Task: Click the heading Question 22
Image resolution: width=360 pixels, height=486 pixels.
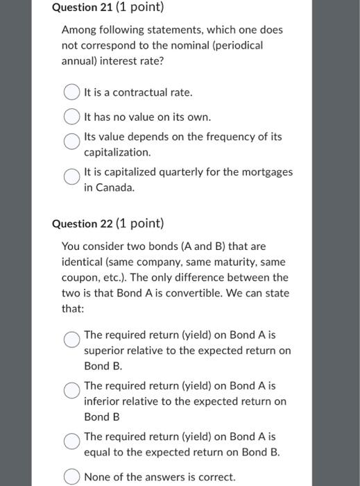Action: click(x=108, y=224)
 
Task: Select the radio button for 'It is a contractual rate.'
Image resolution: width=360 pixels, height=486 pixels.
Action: click(x=71, y=92)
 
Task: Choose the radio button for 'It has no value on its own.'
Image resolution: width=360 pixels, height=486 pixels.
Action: click(x=71, y=117)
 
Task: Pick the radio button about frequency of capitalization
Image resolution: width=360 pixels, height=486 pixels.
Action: click(x=71, y=142)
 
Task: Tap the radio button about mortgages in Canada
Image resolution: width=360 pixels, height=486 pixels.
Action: click(x=71, y=177)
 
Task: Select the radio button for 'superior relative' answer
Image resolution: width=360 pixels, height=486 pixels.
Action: click(x=71, y=339)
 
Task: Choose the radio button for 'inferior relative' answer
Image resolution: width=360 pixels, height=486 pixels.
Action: click(x=71, y=390)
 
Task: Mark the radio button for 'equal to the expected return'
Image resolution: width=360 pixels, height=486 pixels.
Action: click(x=71, y=442)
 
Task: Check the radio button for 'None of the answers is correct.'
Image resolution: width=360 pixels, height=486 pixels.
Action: click(x=71, y=477)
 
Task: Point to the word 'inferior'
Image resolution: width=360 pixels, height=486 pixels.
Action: click(x=103, y=401)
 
